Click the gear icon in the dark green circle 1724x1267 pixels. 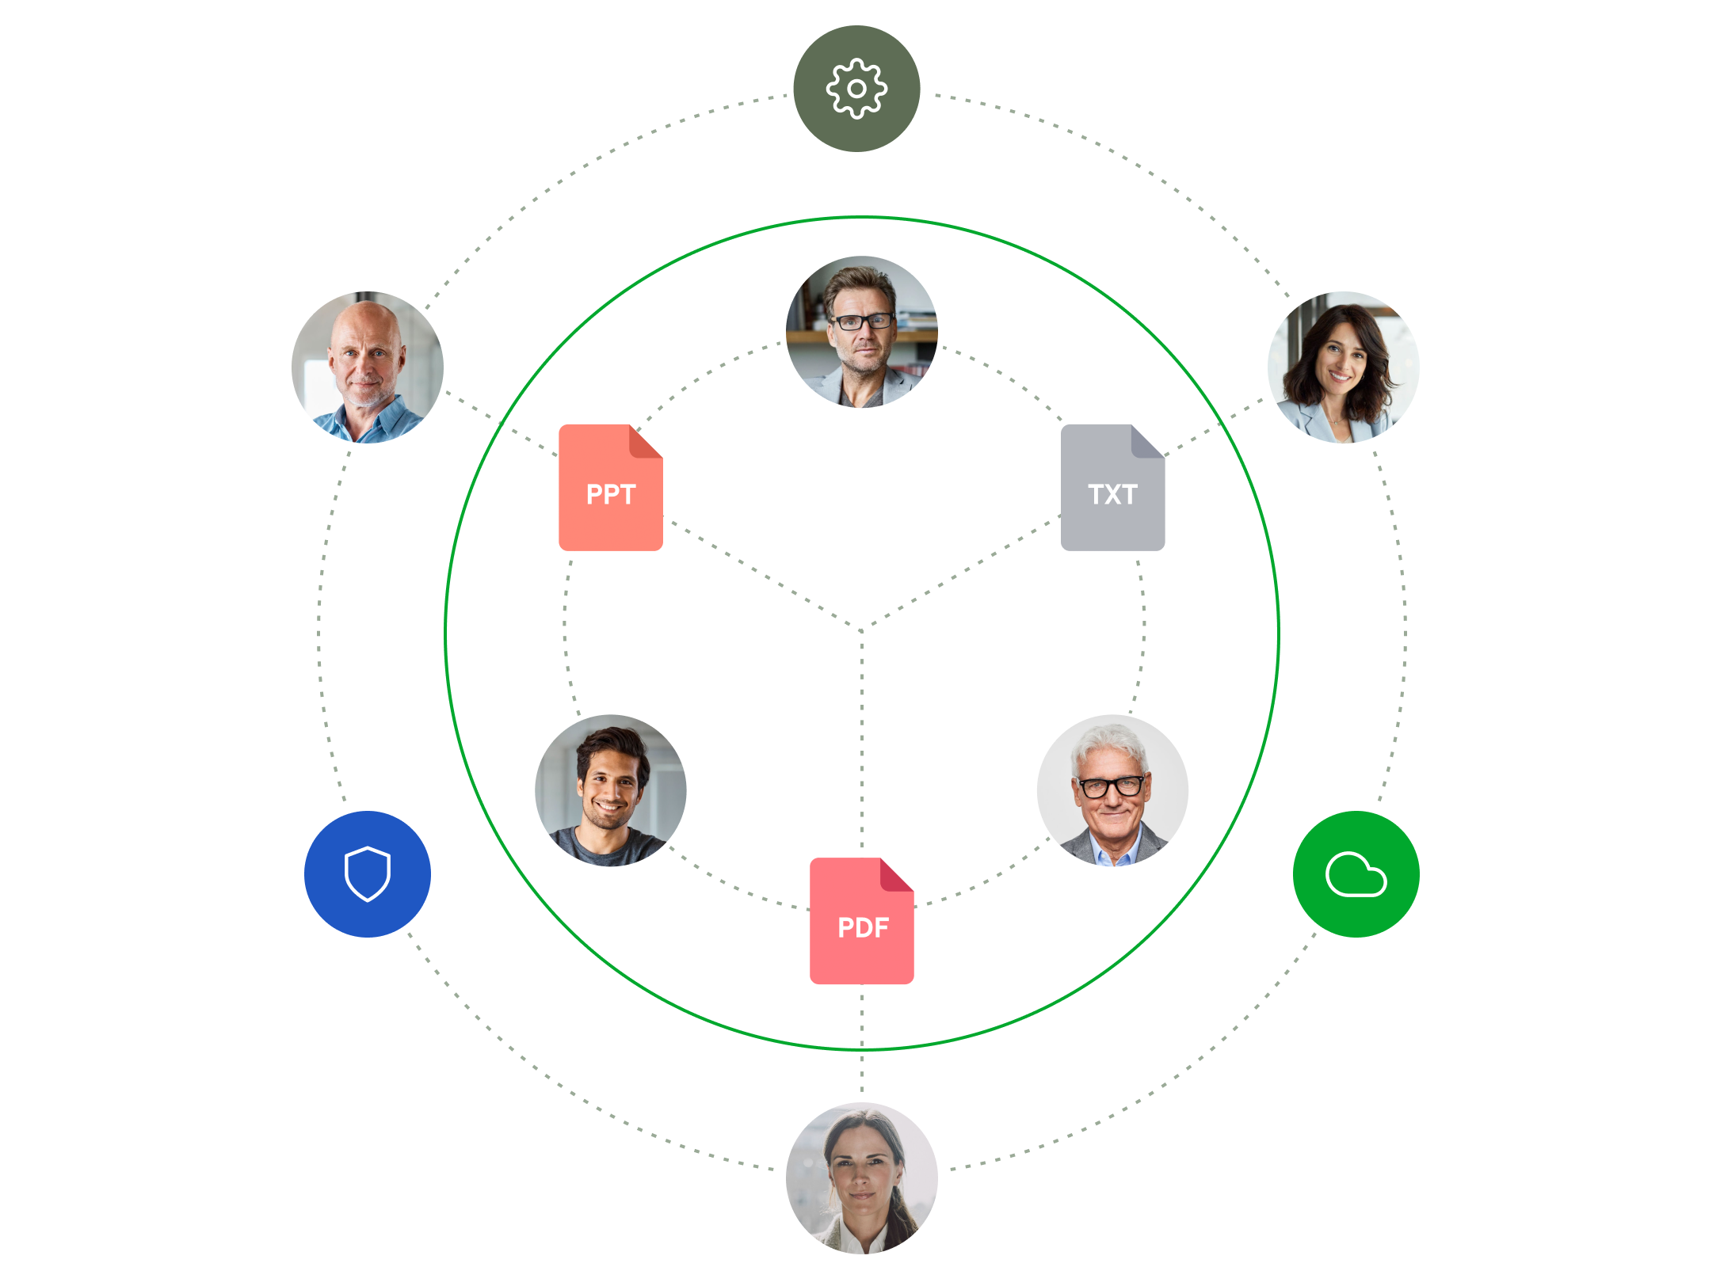(x=856, y=89)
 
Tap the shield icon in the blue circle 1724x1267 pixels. (x=368, y=874)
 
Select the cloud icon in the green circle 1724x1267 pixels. (x=1356, y=874)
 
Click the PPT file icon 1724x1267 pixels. (x=611, y=488)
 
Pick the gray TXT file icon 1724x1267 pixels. (x=1112, y=488)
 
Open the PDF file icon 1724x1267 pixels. (x=862, y=921)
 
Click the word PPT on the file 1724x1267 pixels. (x=611, y=494)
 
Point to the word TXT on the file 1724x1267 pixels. (x=1112, y=494)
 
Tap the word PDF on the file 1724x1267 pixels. (x=863, y=927)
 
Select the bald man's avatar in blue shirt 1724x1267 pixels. (x=368, y=367)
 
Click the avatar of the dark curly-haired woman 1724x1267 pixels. (x=1343, y=367)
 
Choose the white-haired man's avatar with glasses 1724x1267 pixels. (x=1112, y=790)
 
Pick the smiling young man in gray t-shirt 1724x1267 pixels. (x=611, y=790)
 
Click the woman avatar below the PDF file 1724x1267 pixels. (x=862, y=1178)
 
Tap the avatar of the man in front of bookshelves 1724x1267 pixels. (x=862, y=332)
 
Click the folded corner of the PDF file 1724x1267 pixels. (x=896, y=875)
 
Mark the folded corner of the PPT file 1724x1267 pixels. (x=645, y=442)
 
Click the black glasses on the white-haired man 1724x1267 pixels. (x=1111, y=787)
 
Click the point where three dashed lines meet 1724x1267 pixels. (x=862, y=630)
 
